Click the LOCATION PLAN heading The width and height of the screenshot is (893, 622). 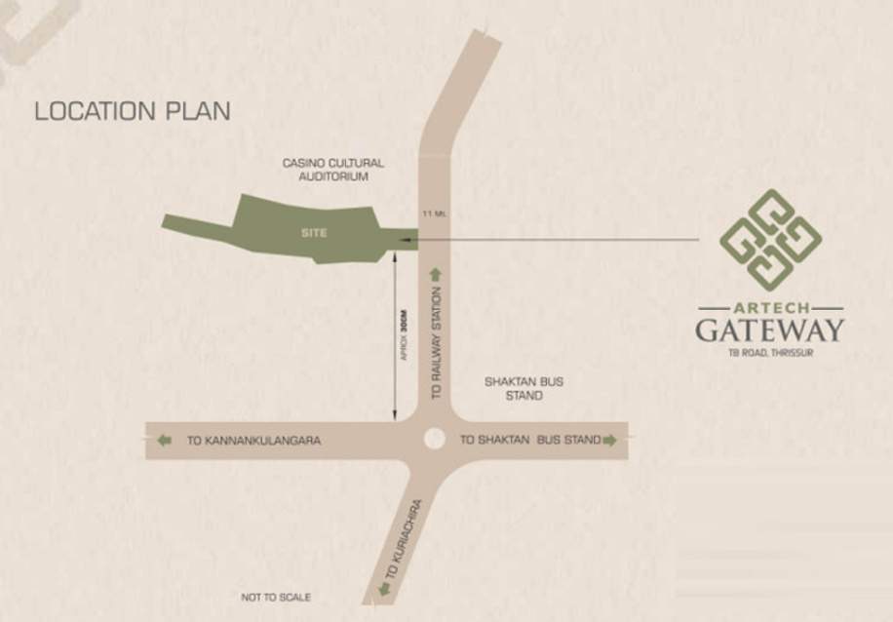[133, 111]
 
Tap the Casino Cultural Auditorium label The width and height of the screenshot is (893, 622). [333, 170]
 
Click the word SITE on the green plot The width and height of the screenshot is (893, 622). [314, 233]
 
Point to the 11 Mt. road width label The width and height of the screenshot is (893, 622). [435, 214]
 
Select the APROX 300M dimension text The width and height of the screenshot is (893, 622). [403, 335]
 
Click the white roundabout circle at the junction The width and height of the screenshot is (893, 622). [435, 440]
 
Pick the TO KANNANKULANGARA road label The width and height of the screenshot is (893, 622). [253, 441]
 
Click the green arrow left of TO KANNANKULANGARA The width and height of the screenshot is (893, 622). [164, 441]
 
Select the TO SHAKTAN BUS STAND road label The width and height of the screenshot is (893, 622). [530, 441]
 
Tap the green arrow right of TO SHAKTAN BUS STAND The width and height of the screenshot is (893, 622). [610, 441]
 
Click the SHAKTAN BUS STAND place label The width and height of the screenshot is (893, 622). [524, 389]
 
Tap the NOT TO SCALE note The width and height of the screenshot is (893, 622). [276, 597]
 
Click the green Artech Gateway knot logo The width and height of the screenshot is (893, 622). [770, 240]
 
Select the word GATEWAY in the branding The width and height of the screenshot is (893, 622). [769, 330]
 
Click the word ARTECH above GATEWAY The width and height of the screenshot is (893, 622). [770, 308]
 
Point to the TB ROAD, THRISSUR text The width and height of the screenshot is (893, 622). [770, 352]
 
